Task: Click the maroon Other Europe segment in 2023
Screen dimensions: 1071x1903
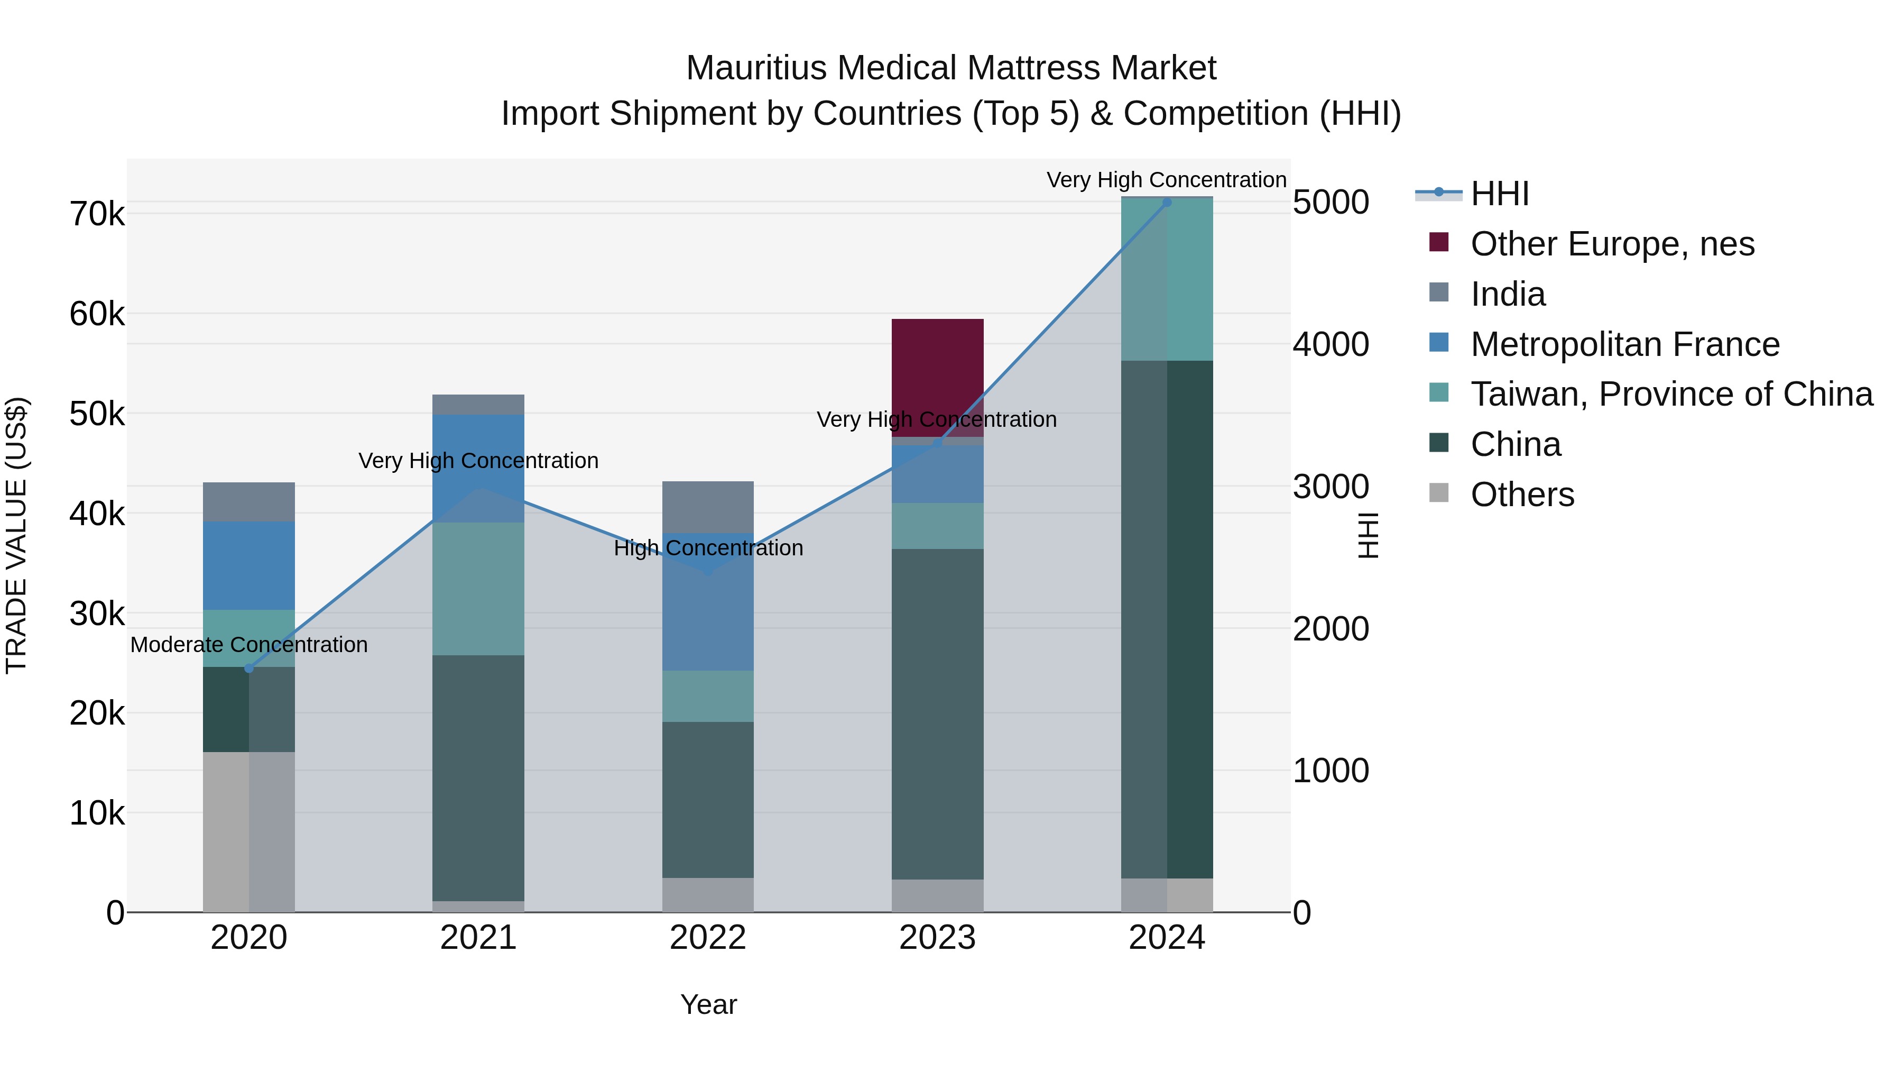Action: [x=937, y=370]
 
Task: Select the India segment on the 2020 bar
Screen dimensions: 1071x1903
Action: [x=249, y=502]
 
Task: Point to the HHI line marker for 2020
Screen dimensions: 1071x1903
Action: [x=249, y=668]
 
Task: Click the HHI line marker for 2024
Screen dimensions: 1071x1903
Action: [x=1167, y=202]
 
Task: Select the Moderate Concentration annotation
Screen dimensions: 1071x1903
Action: [x=249, y=645]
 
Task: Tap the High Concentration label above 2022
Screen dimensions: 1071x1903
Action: [x=708, y=548]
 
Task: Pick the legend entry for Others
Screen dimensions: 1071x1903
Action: [x=1522, y=495]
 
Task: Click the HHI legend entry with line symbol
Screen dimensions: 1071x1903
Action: [x=1499, y=194]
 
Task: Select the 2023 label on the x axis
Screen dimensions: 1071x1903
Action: [x=937, y=938]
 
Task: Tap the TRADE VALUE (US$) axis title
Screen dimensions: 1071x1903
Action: [x=16, y=535]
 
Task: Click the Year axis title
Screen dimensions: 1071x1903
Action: [x=708, y=1004]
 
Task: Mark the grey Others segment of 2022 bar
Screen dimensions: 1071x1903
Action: [x=708, y=894]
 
